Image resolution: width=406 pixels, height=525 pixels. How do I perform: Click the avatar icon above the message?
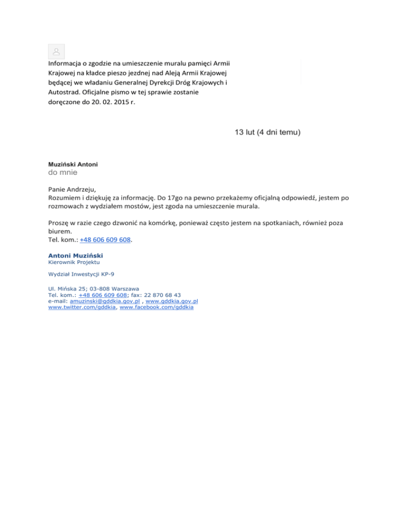pos(56,52)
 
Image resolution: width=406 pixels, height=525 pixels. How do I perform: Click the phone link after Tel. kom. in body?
pos(105,240)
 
